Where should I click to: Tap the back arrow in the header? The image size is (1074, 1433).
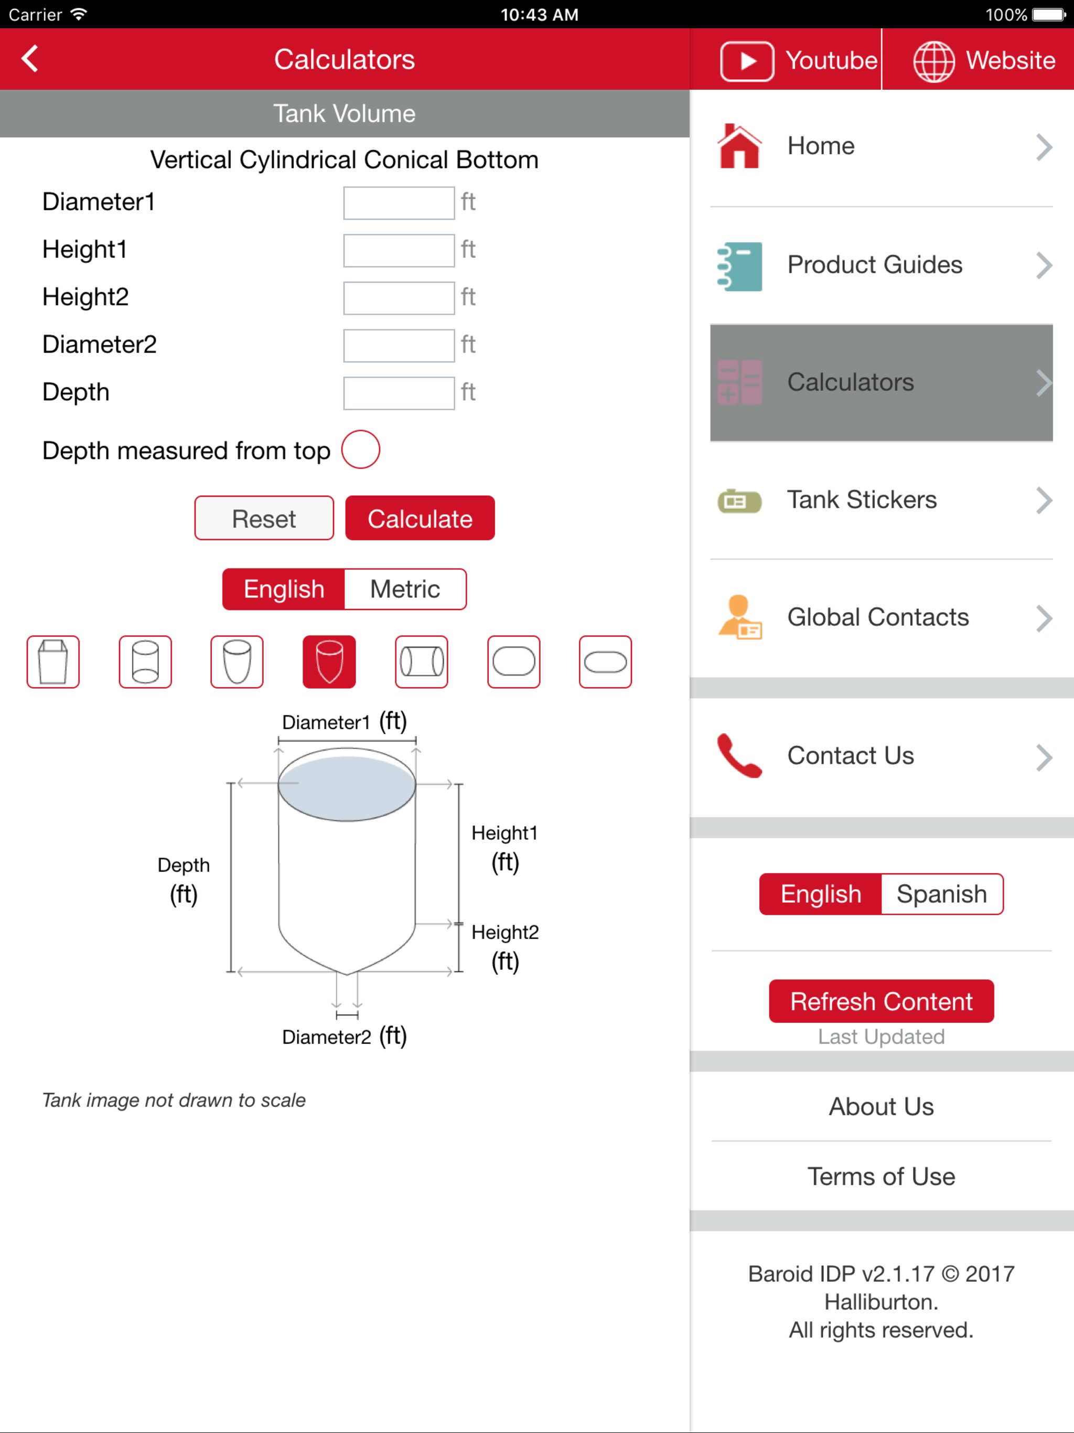[x=30, y=59]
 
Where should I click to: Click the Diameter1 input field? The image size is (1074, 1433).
[x=399, y=203]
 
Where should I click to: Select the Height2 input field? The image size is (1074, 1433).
[x=399, y=298]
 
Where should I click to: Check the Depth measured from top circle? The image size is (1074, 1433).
[x=360, y=450]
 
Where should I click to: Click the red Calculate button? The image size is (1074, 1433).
[x=420, y=518]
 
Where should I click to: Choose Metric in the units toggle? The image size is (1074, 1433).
[x=405, y=589]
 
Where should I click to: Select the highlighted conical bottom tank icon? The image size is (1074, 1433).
[x=329, y=661]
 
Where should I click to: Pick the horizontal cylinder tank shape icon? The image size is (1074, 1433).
[x=421, y=661]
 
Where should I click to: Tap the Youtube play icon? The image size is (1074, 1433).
[x=747, y=61]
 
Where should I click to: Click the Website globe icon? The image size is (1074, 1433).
[x=933, y=61]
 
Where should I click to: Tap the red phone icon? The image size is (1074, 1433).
[x=739, y=755]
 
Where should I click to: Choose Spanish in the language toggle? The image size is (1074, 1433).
[x=942, y=894]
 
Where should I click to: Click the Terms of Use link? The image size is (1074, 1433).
[x=881, y=1177]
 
